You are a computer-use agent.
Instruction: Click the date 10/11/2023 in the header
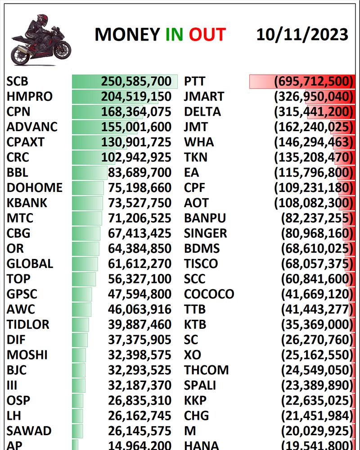pos(302,35)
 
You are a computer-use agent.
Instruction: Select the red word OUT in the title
pos(207,35)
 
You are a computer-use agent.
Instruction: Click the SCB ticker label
pos(18,82)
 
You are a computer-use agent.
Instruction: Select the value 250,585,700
pos(136,82)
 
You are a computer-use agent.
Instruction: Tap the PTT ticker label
pos(195,82)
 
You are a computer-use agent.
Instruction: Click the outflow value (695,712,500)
pos(313,82)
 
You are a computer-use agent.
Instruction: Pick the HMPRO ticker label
pos(29,97)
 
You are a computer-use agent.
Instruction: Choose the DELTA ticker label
pos(202,112)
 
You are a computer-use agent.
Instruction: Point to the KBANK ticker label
pos(27,203)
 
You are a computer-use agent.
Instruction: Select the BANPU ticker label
pos(205,218)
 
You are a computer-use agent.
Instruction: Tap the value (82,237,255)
pos(316,218)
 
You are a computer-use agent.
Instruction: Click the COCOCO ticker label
pos(209,294)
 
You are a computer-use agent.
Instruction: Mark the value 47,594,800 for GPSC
pos(139,294)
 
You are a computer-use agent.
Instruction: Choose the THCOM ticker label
pos(206,370)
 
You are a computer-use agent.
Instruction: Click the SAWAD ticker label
pos(29,431)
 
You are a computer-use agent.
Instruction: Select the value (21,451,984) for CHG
pos(316,416)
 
